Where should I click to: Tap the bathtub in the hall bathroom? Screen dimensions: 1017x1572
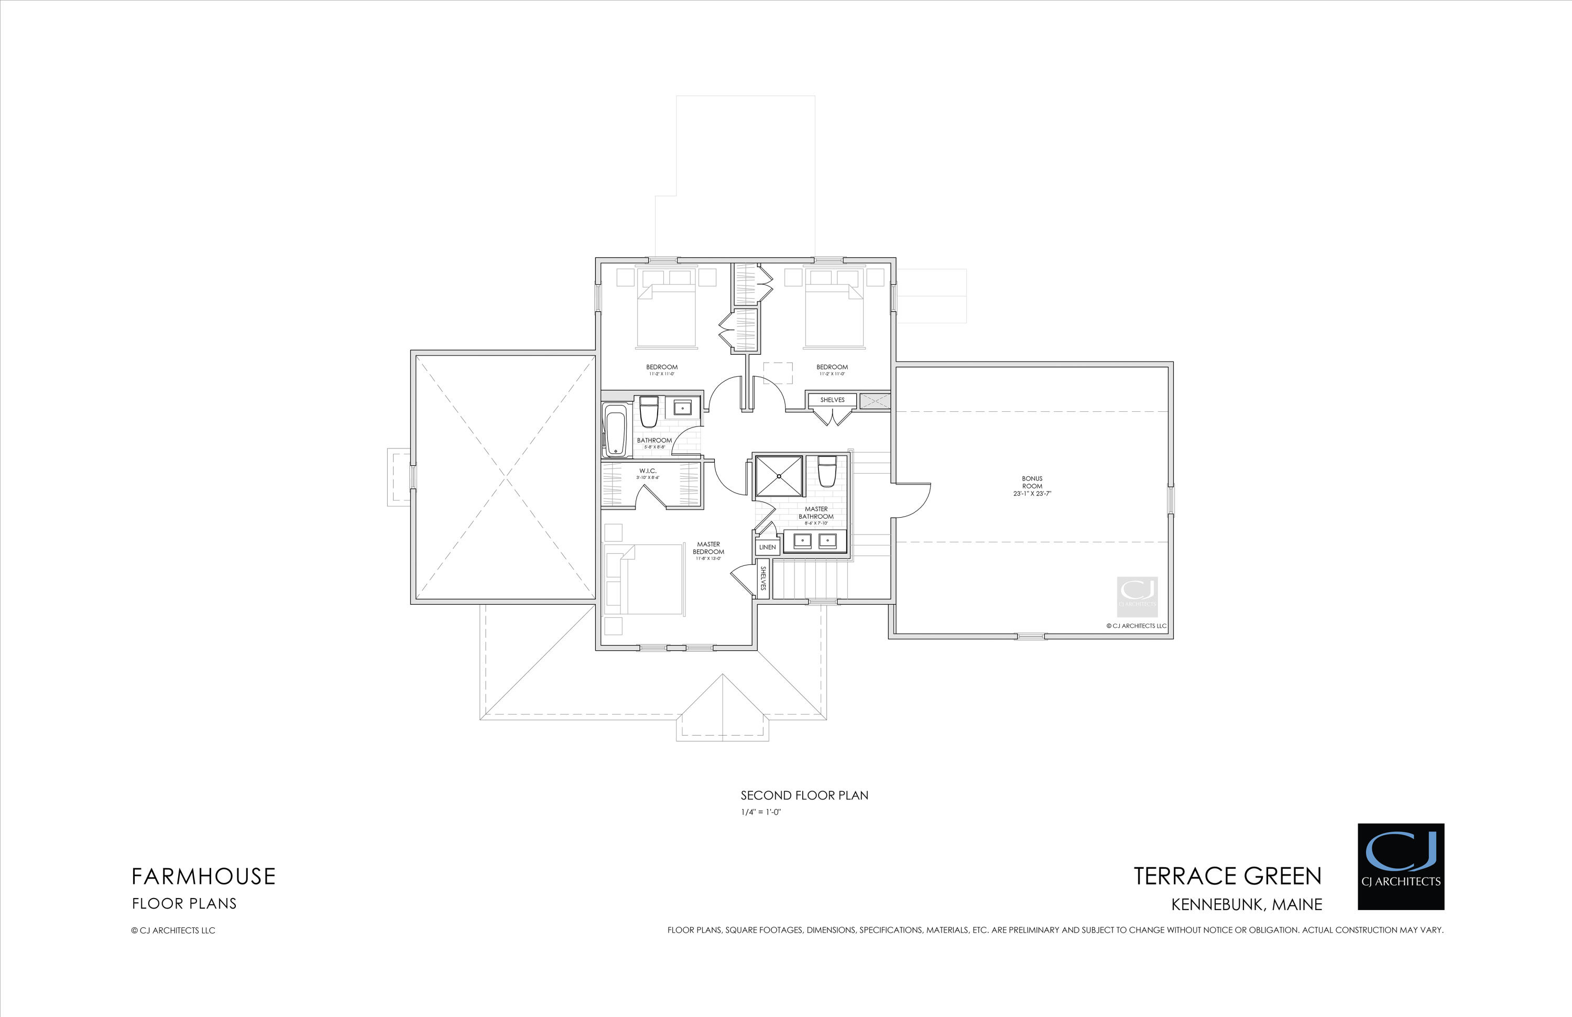click(616, 431)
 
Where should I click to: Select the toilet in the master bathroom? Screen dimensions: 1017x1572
click(827, 472)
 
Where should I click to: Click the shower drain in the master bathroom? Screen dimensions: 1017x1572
click(779, 475)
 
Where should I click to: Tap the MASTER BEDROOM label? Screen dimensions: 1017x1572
click(708, 548)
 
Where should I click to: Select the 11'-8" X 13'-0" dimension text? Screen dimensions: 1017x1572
click(708, 559)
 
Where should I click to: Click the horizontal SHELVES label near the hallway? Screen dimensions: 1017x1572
click(832, 400)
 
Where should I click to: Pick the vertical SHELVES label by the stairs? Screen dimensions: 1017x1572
click(763, 578)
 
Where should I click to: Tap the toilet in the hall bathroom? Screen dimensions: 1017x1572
click(649, 411)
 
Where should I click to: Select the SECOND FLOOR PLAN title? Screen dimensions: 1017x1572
click(804, 795)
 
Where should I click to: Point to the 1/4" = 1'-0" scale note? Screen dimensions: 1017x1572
click(760, 812)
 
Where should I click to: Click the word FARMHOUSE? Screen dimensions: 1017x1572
click(203, 877)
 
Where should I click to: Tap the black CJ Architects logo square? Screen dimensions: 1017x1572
click(1400, 867)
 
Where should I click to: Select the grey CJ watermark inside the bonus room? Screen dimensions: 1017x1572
click(1137, 596)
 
